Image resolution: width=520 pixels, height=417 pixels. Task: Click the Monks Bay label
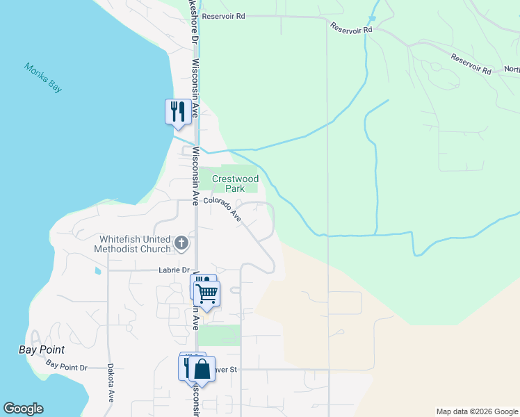(x=44, y=77)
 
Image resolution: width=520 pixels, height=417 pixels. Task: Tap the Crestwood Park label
(x=235, y=183)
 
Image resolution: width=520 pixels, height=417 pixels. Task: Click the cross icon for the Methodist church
(x=181, y=243)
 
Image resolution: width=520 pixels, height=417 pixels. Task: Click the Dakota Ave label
(x=111, y=383)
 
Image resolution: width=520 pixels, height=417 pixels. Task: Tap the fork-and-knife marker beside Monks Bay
(x=178, y=111)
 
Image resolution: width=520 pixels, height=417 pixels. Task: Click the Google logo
(x=23, y=409)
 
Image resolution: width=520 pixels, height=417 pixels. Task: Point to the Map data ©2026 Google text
(x=476, y=411)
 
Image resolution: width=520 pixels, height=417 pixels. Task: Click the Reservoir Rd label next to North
(x=471, y=64)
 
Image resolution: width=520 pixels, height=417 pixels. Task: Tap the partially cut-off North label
(x=512, y=69)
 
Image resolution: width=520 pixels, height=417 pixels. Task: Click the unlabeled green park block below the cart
(x=220, y=334)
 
